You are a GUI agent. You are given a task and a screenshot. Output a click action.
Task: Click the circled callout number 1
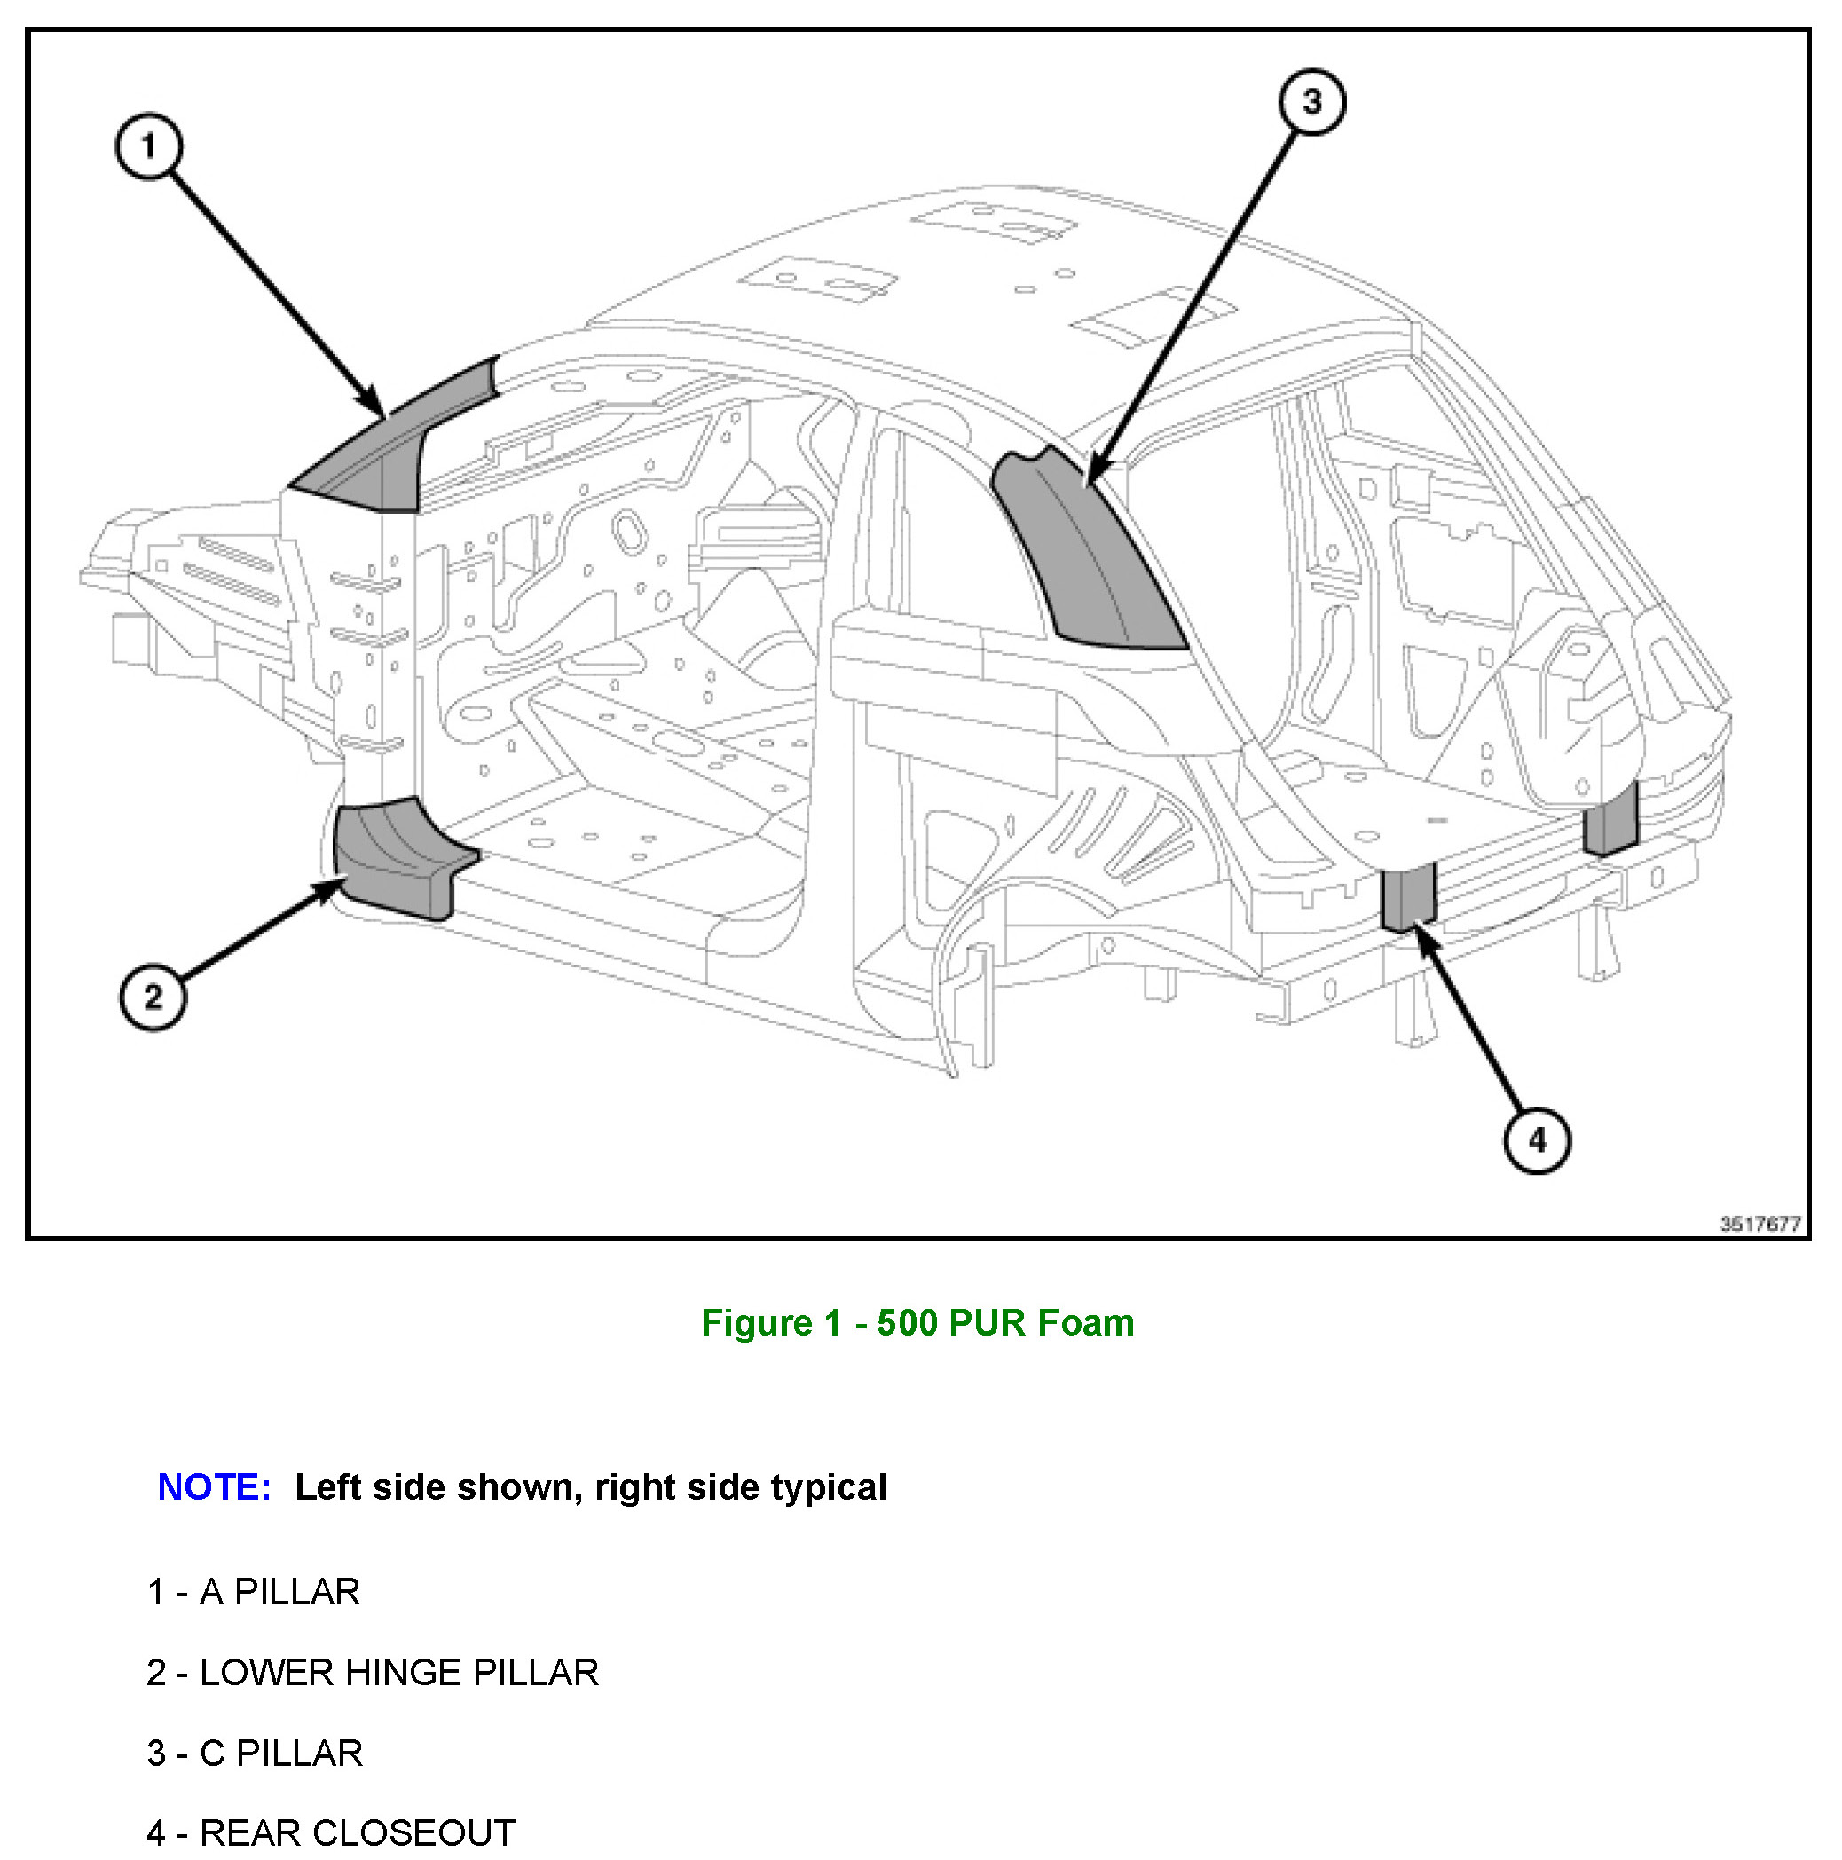coord(148,146)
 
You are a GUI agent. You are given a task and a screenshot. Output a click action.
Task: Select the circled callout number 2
coord(153,997)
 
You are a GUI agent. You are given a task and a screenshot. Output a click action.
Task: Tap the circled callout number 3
coord(1311,101)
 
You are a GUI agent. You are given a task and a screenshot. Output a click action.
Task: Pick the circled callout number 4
coord(1537,1141)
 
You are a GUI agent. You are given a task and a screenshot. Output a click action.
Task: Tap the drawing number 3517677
coord(1759,1224)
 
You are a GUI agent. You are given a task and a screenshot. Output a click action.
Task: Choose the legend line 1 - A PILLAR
coord(253,1592)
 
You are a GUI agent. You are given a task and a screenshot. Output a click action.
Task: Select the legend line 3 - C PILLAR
coord(255,1754)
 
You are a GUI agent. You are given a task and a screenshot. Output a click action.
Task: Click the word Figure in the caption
coord(757,1323)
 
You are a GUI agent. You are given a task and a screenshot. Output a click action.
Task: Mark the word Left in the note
coord(328,1487)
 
